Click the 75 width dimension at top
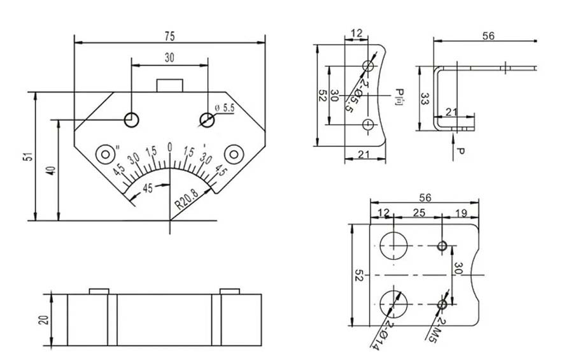[x=170, y=36]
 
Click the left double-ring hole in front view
[x=104, y=154]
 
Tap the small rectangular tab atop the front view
[x=170, y=85]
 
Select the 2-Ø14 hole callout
[x=379, y=335]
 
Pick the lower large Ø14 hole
[x=394, y=303]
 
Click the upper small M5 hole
[x=443, y=246]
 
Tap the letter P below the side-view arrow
[x=460, y=152]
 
